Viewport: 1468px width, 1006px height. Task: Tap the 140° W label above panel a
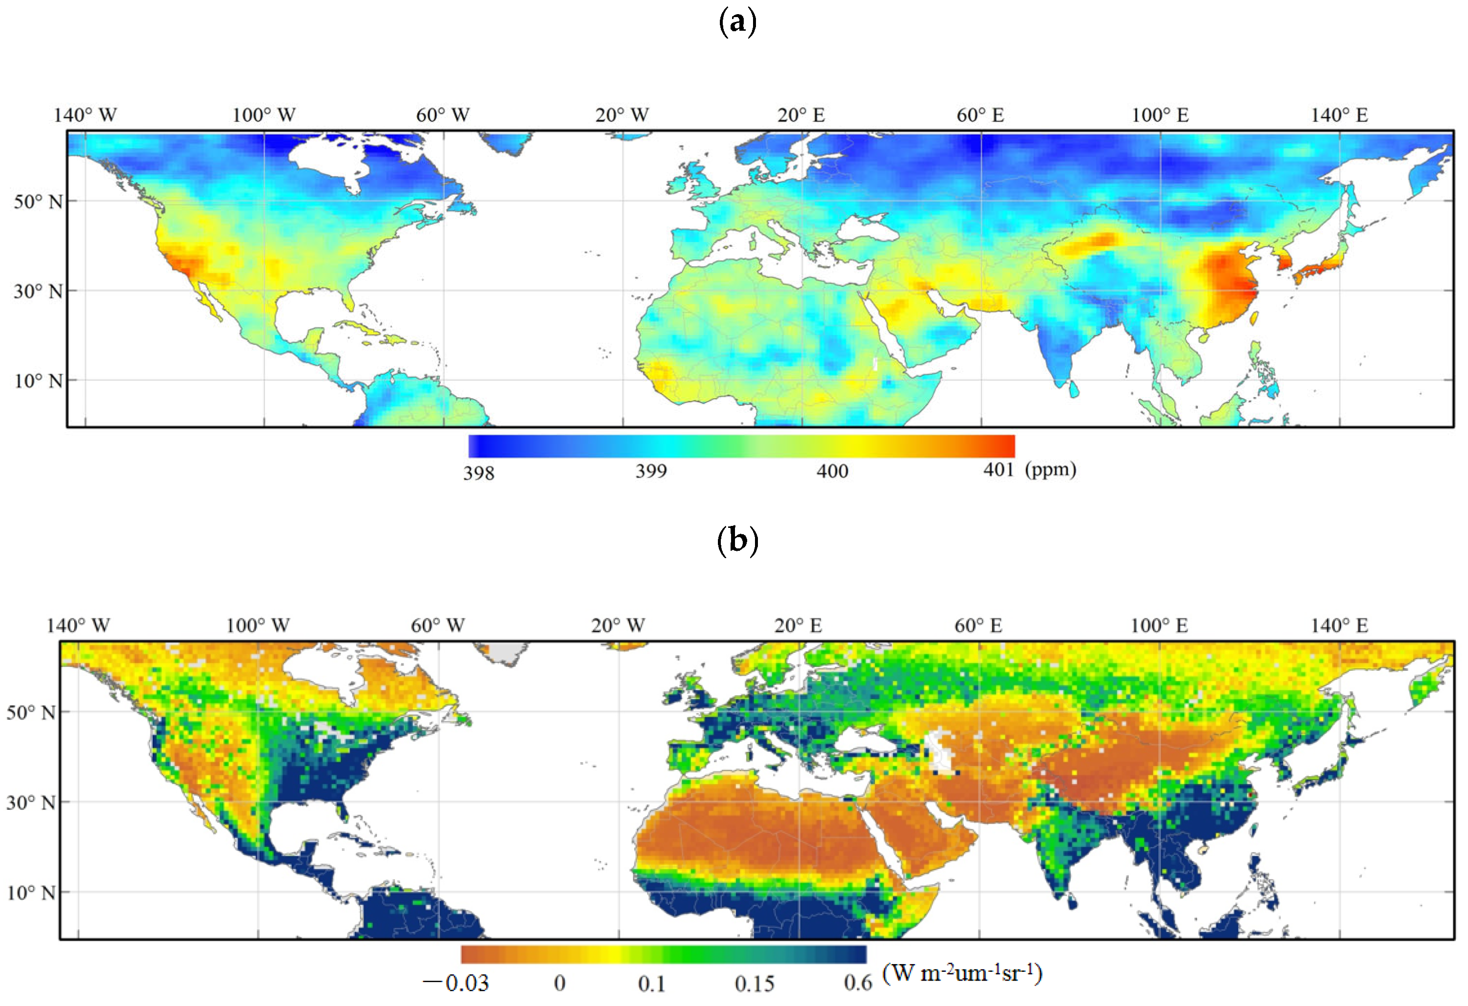(x=85, y=115)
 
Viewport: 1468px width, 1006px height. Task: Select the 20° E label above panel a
(x=801, y=115)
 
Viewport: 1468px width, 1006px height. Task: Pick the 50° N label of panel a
(x=39, y=201)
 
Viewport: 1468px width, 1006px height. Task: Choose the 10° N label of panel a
(x=39, y=381)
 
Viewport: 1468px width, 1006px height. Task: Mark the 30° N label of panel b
(x=31, y=803)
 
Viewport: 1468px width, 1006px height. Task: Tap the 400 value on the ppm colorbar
(x=832, y=471)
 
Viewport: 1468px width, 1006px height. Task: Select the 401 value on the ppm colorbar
(x=999, y=469)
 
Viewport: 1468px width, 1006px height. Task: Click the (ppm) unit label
(x=1050, y=469)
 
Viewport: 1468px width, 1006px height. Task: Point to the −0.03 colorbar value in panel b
(x=456, y=983)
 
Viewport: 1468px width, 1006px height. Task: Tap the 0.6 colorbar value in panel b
(x=858, y=983)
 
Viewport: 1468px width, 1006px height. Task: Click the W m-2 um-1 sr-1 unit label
(x=961, y=973)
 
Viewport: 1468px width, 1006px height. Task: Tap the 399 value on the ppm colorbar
(x=651, y=471)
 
